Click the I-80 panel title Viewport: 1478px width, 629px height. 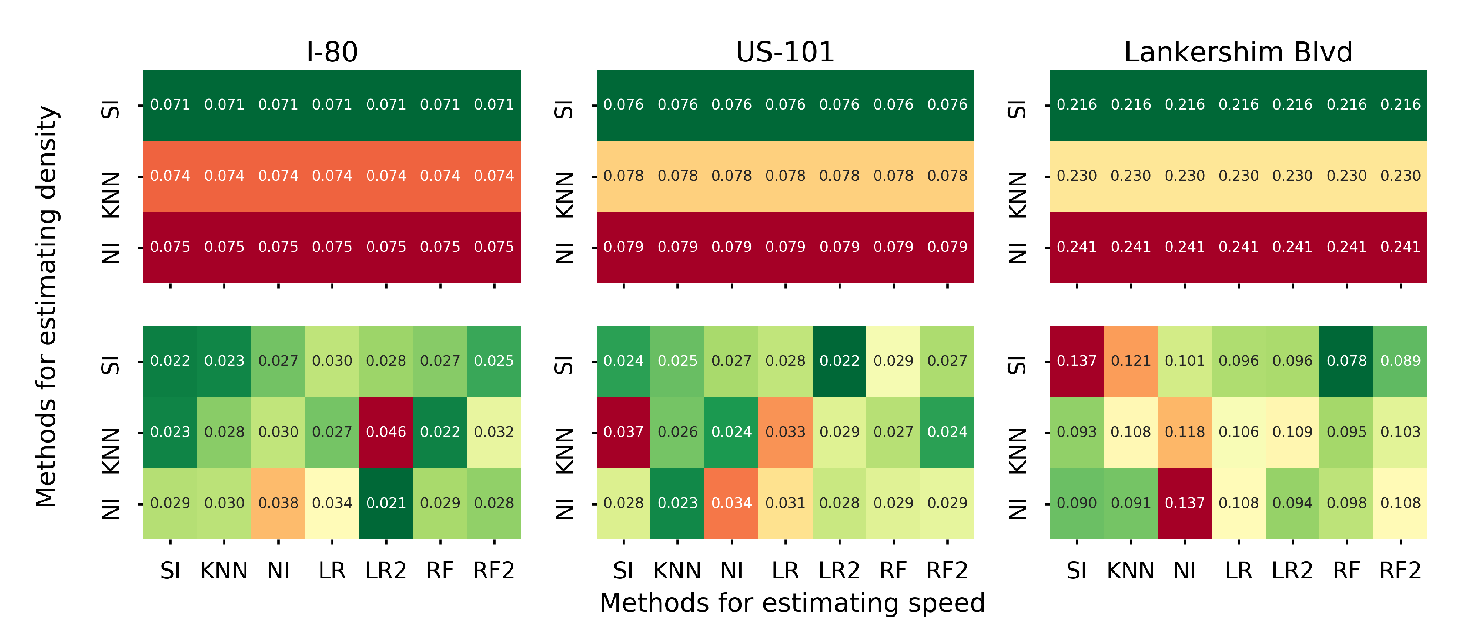[x=332, y=52]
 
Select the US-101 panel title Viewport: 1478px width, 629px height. [x=784, y=52]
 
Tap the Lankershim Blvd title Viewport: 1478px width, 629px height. [x=1238, y=52]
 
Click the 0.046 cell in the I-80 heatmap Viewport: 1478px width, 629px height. [x=386, y=432]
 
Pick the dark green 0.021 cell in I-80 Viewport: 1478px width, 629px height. [x=386, y=503]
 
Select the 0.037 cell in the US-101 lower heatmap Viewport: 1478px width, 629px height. [x=623, y=432]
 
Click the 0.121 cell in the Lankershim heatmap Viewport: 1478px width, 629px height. [x=1130, y=361]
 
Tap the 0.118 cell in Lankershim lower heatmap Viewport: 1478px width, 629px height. [x=1184, y=432]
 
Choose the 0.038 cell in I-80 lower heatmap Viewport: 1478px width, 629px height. [x=278, y=503]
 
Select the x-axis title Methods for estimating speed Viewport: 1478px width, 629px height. [x=792, y=603]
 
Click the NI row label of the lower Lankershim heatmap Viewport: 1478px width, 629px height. [x=1017, y=510]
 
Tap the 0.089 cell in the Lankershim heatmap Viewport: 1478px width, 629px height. [x=1400, y=361]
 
